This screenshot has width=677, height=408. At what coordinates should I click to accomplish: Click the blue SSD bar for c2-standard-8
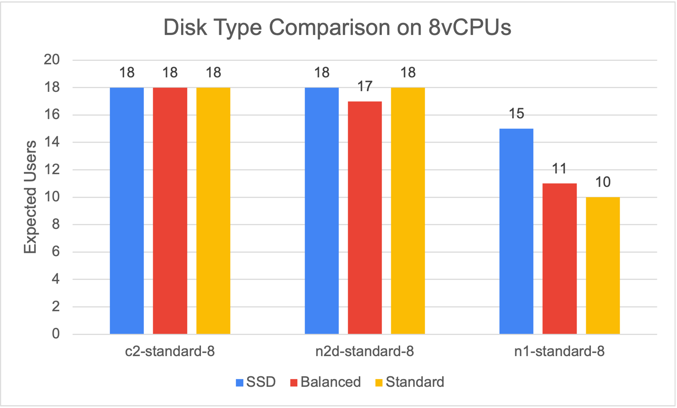(127, 211)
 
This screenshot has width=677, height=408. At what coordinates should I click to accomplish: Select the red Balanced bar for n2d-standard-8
(365, 218)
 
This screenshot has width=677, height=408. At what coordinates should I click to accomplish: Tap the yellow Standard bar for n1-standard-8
(603, 266)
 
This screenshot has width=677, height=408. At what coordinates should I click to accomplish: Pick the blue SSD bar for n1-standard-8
(516, 231)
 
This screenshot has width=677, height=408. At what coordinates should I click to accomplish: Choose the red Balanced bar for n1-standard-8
(560, 259)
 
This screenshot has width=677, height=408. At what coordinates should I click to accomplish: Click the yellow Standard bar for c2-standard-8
(213, 211)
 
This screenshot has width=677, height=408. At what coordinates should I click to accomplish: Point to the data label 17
(365, 87)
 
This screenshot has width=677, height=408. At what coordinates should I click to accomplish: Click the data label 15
(516, 114)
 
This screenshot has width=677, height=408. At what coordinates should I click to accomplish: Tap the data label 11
(560, 169)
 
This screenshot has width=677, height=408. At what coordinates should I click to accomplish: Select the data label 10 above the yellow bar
(603, 182)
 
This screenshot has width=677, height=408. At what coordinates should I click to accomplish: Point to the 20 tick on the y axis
(52, 60)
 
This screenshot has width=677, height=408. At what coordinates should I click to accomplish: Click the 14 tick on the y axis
(52, 142)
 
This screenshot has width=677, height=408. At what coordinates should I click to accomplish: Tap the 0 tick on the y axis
(56, 334)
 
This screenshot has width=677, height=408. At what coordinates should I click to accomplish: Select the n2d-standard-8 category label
(365, 351)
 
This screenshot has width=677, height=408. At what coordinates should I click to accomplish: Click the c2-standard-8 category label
(170, 351)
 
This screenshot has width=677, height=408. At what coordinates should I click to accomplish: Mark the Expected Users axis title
(30, 197)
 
